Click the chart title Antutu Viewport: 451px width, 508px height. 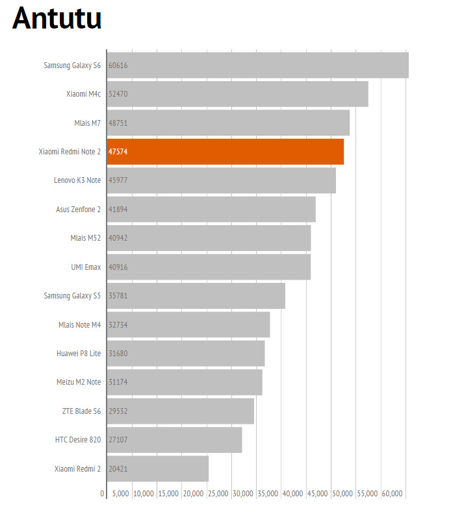pyautogui.click(x=57, y=19)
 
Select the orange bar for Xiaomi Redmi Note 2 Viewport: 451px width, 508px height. pyautogui.click(x=225, y=152)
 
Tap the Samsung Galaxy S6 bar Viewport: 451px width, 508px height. pyautogui.click(x=258, y=65)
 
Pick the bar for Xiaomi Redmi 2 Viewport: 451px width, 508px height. pyautogui.click(x=158, y=468)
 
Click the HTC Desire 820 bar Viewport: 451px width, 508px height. pyautogui.click(x=175, y=440)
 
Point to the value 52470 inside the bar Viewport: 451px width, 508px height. pyautogui.click(x=118, y=94)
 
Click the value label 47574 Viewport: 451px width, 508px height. pyautogui.click(x=118, y=152)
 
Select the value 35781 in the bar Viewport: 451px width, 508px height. pyautogui.click(x=118, y=296)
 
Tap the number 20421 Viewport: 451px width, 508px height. pyautogui.click(x=118, y=468)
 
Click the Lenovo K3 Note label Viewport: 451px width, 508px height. pyautogui.click(x=77, y=180)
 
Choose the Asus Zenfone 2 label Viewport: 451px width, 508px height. pyautogui.click(x=79, y=209)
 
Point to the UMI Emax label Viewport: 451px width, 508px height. pyautogui.click(x=86, y=267)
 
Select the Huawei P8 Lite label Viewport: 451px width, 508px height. pyautogui.click(x=79, y=354)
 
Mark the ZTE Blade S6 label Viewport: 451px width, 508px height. pyautogui.click(x=81, y=411)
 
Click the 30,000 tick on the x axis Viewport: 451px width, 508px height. pyautogui.click(x=243, y=494)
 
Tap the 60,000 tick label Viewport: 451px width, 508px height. pyautogui.click(x=393, y=494)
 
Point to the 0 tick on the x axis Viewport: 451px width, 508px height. pyautogui.click(x=102, y=494)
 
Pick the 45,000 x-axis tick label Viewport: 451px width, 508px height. pyautogui.click(x=318, y=494)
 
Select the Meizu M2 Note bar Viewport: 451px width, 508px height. pyautogui.click(x=185, y=382)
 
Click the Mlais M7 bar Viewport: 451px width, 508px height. pyautogui.click(x=229, y=123)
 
